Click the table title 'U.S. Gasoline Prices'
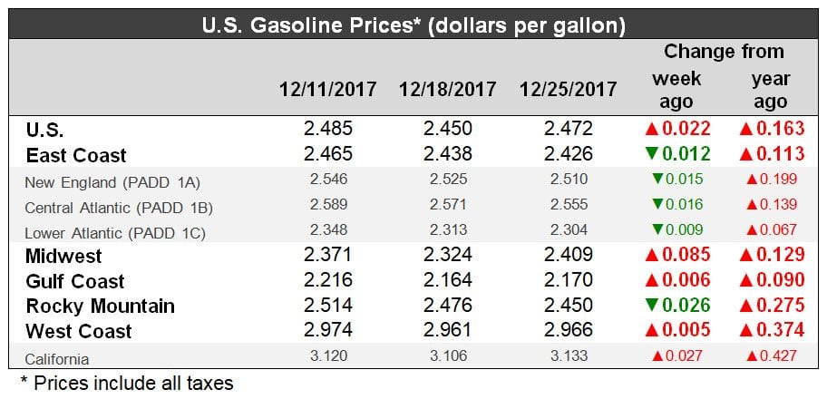pyautogui.click(x=413, y=22)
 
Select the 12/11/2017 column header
pyautogui.click(x=328, y=90)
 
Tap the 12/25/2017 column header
pyautogui.click(x=568, y=90)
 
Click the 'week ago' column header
pyautogui.click(x=676, y=91)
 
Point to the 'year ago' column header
pyautogui.click(x=771, y=91)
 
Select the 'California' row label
pyautogui.click(x=57, y=358)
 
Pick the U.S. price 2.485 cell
pyautogui.click(x=328, y=130)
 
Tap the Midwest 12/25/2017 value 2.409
pyautogui.click(x=568, y=257)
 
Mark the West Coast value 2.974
pyautogui.click(x=328, y=331)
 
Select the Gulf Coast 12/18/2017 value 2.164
pyautogui.click(x=448, y=281)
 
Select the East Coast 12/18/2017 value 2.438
pyautogui.click(x=448, y=155)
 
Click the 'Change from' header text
pyautogui.click(x=724, y=52)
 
